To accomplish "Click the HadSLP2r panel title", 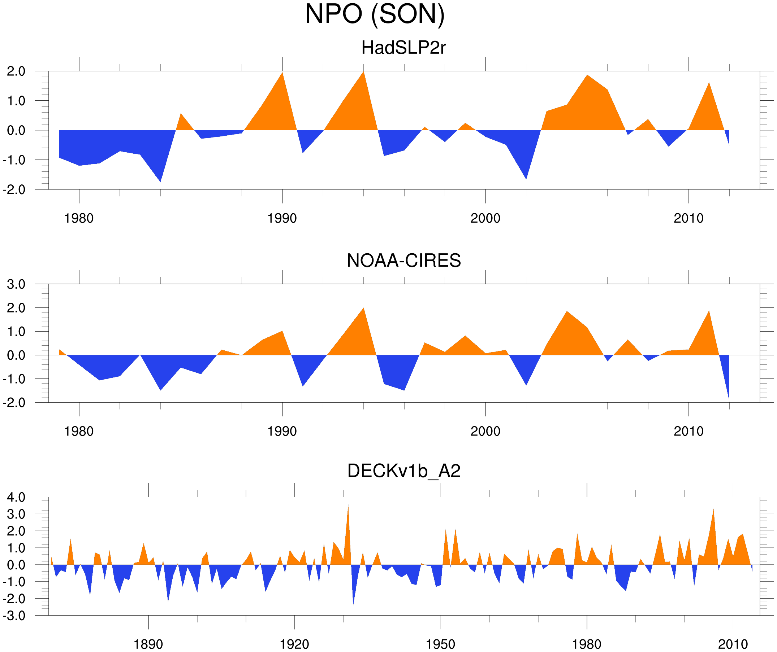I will (403, 48).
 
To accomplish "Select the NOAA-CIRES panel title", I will (403, 261).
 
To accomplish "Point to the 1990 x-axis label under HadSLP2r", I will (282, 218).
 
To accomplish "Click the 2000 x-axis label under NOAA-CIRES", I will (485, 431).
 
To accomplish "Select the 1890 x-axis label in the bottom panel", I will (148, 644).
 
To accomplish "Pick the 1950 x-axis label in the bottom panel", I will (440, 644).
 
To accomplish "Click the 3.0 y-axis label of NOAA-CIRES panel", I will (16, 285).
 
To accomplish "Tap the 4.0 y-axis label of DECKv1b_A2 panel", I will (16, 498).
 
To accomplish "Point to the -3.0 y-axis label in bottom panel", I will (14, 616).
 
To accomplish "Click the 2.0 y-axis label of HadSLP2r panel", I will (16, 71).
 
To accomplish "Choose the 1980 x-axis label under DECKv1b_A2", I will (586, 644).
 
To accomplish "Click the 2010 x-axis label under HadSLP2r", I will (688, 218).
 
